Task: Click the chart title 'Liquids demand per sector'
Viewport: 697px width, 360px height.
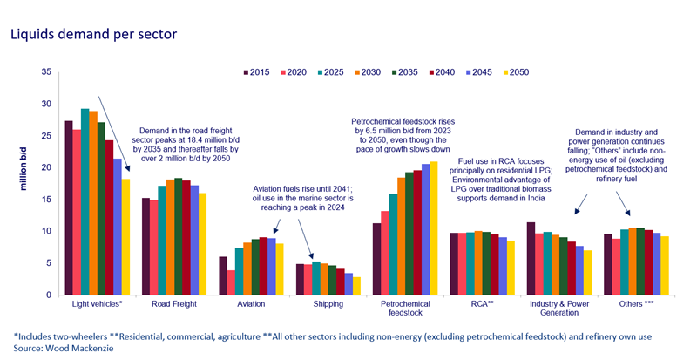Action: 93,34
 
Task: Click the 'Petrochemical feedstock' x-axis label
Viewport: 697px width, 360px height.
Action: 398,311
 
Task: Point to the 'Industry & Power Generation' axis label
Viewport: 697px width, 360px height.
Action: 551,311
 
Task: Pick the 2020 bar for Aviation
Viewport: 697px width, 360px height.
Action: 231,282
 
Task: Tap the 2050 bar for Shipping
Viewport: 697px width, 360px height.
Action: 357,286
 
